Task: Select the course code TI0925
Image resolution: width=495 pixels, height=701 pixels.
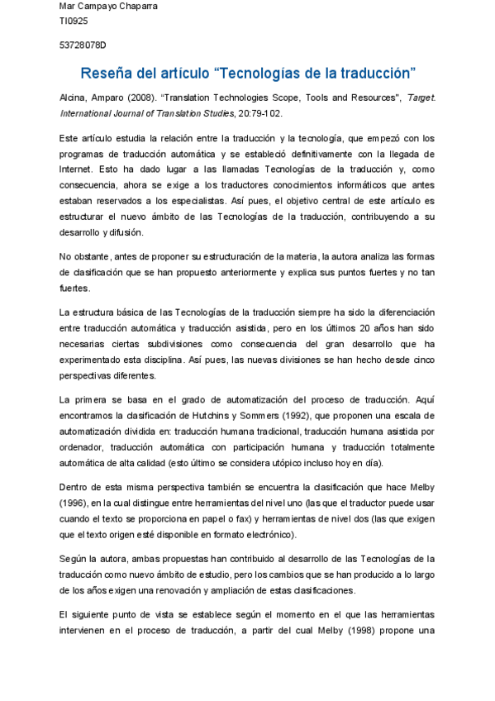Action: (x=74, y=21)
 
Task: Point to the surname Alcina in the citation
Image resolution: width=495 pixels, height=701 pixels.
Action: (x=73, y=98)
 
